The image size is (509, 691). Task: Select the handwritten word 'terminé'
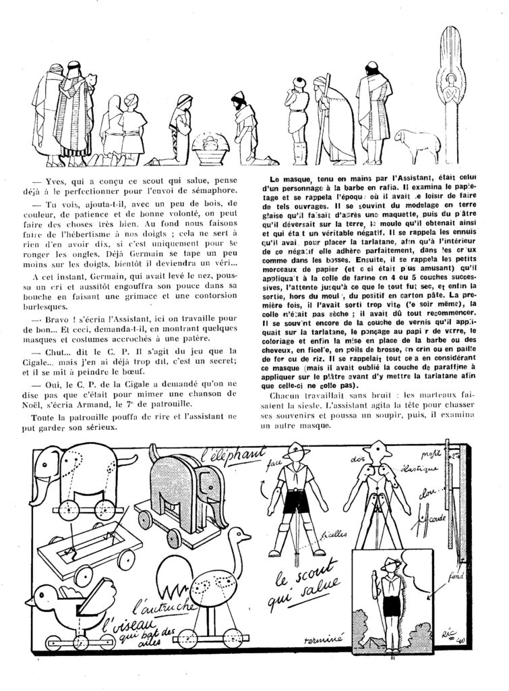[325, 637]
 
